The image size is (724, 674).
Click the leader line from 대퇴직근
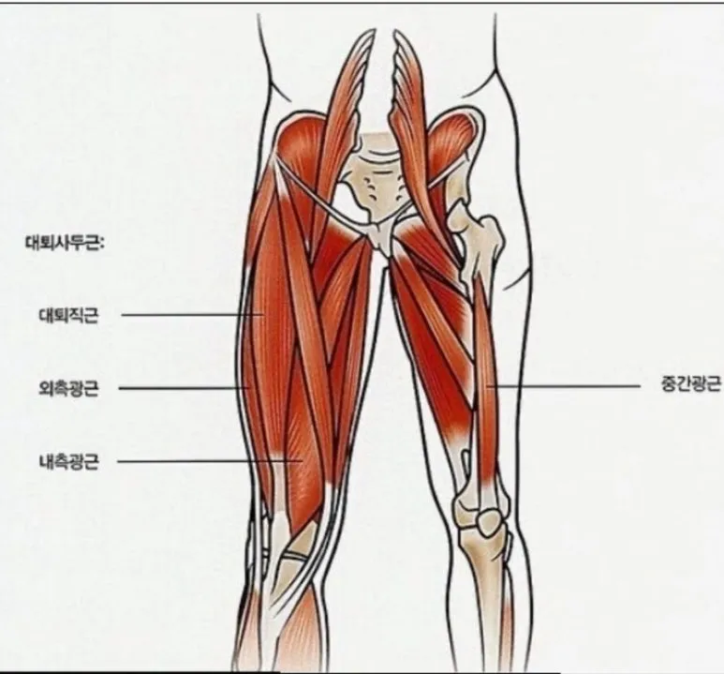point(187,315)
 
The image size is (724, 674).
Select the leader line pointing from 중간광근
point(562,384)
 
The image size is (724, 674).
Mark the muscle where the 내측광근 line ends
point(302,459)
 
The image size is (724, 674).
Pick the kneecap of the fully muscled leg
point(298,553)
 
